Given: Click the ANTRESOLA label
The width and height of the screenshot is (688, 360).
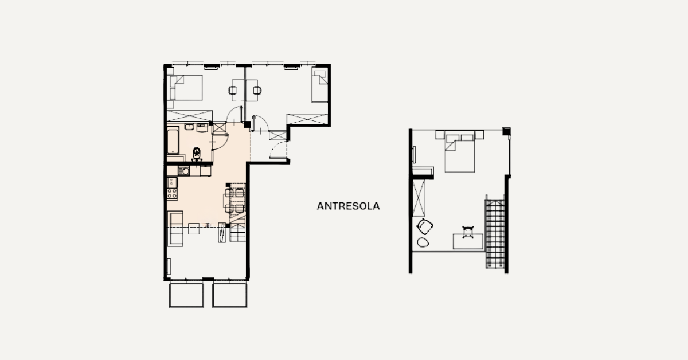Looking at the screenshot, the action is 348,206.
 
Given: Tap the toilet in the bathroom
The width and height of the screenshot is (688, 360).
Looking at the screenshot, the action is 197,153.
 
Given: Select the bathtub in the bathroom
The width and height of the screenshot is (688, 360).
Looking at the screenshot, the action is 173,140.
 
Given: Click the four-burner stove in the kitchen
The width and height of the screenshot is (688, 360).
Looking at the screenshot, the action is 172,194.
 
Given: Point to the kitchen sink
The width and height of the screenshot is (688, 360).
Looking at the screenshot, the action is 184,171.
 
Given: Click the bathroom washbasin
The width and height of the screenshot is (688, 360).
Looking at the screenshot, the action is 189,127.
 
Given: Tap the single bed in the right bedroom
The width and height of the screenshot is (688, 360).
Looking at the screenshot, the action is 320,85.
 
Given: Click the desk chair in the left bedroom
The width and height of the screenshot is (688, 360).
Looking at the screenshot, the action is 233,91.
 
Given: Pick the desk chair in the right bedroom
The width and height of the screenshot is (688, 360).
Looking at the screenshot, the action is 257,91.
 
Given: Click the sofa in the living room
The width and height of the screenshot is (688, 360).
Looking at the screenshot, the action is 175,228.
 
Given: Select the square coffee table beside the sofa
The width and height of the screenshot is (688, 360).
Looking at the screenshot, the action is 194,229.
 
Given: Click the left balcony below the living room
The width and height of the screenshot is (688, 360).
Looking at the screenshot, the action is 186,295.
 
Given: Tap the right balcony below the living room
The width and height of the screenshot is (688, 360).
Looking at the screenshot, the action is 230,295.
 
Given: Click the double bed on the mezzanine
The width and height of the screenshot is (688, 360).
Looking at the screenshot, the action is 460,153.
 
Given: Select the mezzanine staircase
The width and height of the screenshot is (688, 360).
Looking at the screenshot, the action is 495,234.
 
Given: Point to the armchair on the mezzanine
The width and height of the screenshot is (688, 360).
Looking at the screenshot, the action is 424,226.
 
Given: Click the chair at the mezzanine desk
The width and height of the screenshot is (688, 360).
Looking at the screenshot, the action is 468,232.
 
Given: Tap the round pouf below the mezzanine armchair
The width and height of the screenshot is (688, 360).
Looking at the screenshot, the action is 423,242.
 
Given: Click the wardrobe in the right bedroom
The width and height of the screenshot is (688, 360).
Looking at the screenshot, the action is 307,119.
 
